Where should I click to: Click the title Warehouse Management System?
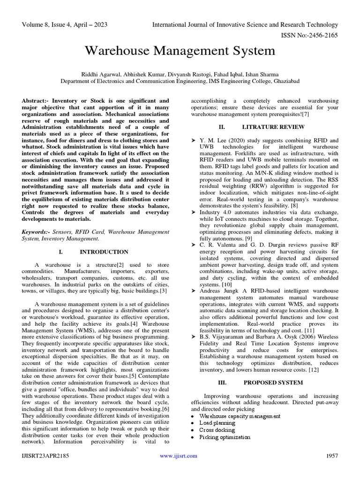(x=180, y=51)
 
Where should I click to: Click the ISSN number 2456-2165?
(x=323, y=35)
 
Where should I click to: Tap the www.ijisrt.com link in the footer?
(x=179, y=456)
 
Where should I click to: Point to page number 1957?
(x=331, y=456)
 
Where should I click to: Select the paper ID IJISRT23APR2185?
(x=45, y=456)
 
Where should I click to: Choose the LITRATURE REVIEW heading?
(x=273, y=127)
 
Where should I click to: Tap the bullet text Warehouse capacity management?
(x=240, y=416)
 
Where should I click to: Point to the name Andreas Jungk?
(x=217, y=291)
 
